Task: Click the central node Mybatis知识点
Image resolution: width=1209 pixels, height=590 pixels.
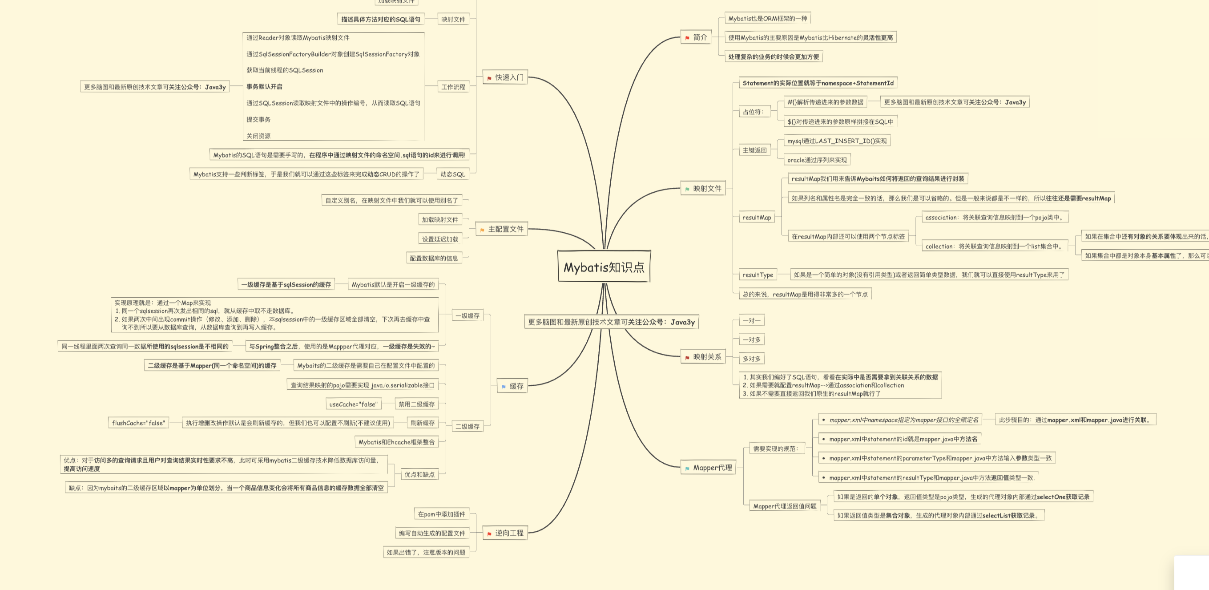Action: pyautogui.click(x=604, y=267)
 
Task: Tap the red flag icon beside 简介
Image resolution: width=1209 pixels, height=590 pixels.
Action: pyautogui.click(x=687, y=38)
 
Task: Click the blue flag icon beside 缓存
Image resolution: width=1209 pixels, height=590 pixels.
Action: pyautogui.click(x=504, y=387)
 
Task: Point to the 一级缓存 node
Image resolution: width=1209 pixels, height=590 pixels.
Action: pyautogui.click(x=467, y=315)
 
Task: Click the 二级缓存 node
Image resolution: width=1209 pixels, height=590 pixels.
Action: pyautogui.click(x=467, y=426)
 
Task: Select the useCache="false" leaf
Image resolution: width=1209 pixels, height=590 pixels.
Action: pyautogui.click(x=353, y=404)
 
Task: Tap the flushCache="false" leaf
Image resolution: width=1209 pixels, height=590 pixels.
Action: pyautogui.click(x=138, y=423)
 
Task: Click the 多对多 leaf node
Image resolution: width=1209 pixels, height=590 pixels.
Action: pyautogui.click(x=751, y=359)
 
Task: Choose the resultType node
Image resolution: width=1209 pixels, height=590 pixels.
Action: pyautogui.click(x=758, y=275)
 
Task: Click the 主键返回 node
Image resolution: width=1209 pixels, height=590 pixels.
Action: pyautogui.click(x=754, y=150)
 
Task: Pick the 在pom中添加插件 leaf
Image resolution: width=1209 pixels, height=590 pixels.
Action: pyautogui.click(x=441, y=514)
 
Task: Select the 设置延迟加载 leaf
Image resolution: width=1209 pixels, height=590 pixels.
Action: pyautogui.click(x=440, y=239)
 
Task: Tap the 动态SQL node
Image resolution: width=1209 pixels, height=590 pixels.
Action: pyautogui.click(x=452, y=174)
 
